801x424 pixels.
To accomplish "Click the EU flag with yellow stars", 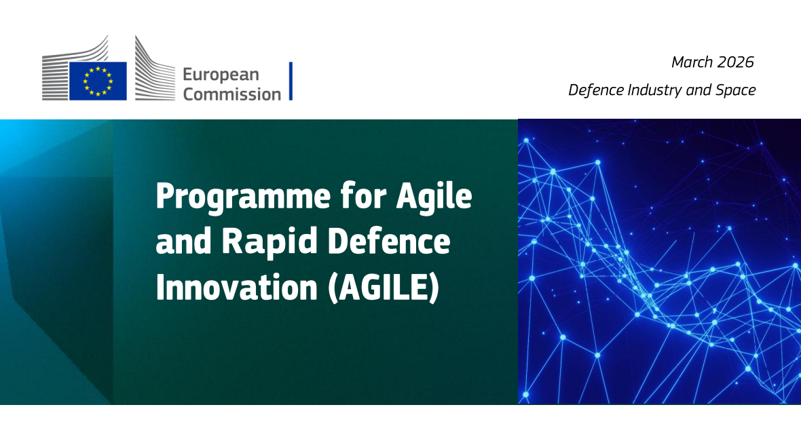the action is pos(98,81).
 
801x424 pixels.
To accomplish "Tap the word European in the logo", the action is pos(221,75).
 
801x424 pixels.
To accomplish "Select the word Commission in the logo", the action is pos(232,94).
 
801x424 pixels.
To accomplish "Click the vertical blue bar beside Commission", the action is pos(291,81).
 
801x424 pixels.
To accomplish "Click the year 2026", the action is pos(735,62).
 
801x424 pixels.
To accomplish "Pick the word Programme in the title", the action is pos(243,197).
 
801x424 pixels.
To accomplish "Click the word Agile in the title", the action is pos(434,196).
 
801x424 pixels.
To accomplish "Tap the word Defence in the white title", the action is pos(389,241).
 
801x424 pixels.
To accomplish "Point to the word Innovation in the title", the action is pos(236,287).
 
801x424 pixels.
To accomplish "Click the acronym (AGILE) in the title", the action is pos(384,288).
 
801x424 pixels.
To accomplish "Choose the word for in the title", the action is pos(363,196).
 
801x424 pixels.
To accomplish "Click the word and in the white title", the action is pos(183,241).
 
